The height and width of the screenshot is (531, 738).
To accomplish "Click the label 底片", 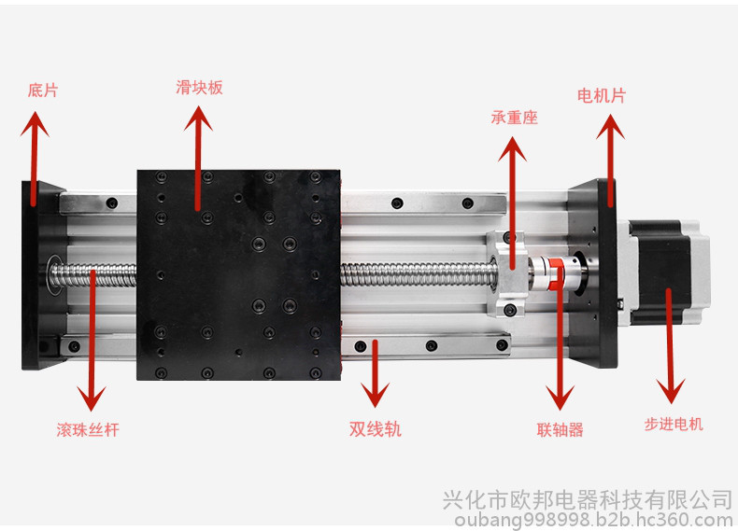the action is click(x=43, y=91).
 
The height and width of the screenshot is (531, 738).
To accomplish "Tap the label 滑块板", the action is click(x=199, y=88).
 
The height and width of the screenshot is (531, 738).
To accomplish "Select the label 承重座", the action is click(x=514, y=117).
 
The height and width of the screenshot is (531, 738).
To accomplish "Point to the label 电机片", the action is click(x=602, y=96).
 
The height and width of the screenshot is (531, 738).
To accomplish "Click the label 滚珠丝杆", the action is click(x=88, y=430).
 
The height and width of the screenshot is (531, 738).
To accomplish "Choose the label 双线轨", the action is click(x=376, y=429).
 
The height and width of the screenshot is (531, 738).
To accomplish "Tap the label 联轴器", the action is click(x=561, y=429).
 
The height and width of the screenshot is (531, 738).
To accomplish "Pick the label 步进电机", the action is click(x=674, y=425).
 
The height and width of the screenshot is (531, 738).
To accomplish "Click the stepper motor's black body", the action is click(x=660, y=272).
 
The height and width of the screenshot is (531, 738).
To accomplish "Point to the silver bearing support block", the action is click(x=507, y=273).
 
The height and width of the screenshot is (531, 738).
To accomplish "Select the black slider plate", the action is click(x=238, y=275).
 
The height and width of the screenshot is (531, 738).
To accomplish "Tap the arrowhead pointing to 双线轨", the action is click(x=376, y=395).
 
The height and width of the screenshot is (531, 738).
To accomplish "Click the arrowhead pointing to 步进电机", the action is click(x=671, y=391).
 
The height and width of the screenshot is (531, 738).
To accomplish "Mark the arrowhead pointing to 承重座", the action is click(x=512, y=149).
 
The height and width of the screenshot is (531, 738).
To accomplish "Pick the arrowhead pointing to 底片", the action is click(x=35, y=124).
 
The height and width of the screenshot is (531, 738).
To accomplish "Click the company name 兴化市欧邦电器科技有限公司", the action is click(x=588, y=499).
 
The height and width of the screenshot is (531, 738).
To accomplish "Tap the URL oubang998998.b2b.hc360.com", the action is click(x=593, y=520).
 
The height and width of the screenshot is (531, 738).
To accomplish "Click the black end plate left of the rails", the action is click(x=42, y=275).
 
